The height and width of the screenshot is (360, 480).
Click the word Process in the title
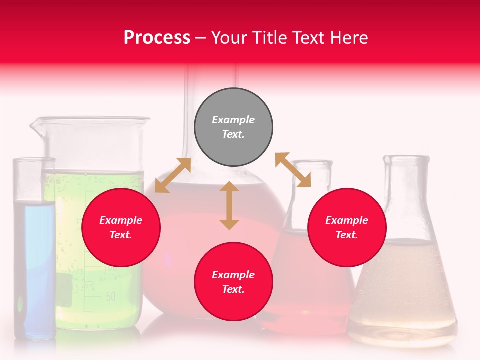(157, 37)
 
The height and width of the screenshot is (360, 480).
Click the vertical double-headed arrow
(229, 206)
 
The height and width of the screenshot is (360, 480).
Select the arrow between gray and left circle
(173, 175)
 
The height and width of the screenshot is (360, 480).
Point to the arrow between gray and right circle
(293, 170)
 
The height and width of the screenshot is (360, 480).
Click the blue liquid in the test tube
(34, 265)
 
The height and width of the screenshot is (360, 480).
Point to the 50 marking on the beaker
(110, 296)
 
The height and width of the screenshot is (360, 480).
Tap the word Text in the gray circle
(233, 134)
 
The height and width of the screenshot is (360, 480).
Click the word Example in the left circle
(121, 220)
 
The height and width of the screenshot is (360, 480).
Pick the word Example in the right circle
(347, 220)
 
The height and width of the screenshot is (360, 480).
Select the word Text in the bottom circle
(233, 289)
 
